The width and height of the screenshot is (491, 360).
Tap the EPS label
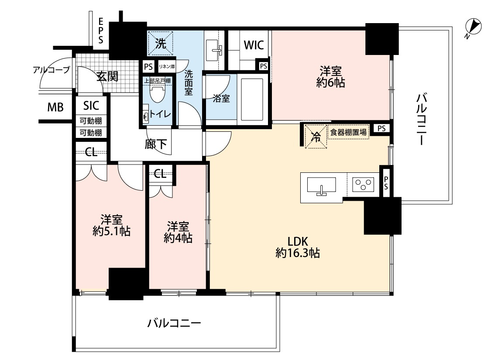pyautogui.click(x=101, y=31)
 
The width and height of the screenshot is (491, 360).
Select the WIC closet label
pyautogui.click(x=254, y=45)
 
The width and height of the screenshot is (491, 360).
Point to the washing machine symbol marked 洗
pyautogui.click(x=161, y=44)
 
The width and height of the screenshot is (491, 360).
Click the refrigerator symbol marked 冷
pyautogui.click(x=316, y=136)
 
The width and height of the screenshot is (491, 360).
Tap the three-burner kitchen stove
pyautogui.click(x=363, y=185)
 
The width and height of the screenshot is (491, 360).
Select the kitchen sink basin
pyautogui.click(x=321, y=185)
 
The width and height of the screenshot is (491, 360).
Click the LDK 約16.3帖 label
pyautogui.click(x=298, y=247)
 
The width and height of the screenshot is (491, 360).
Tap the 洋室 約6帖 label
pyautogui.click(x=331, y=77)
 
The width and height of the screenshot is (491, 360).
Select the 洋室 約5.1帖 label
pyautogui.click(x=111, y=225)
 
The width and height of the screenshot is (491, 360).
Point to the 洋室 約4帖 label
pyautogui.click(x=178, y=232)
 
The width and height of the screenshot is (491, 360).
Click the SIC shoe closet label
pyautogui.click(x=91, y=106)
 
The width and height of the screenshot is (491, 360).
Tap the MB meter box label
pyautogui.click(x=55, y=107)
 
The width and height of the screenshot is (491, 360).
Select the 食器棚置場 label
pyautogui.click(x=348, y=132)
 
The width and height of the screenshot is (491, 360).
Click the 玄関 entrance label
pyautogui.click(x=107, y=76)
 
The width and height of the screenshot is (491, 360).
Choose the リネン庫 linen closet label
pyautogui.click(x=167, y=66)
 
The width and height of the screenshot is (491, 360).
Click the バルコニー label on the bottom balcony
pyautogui.click(x=174, y=323)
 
